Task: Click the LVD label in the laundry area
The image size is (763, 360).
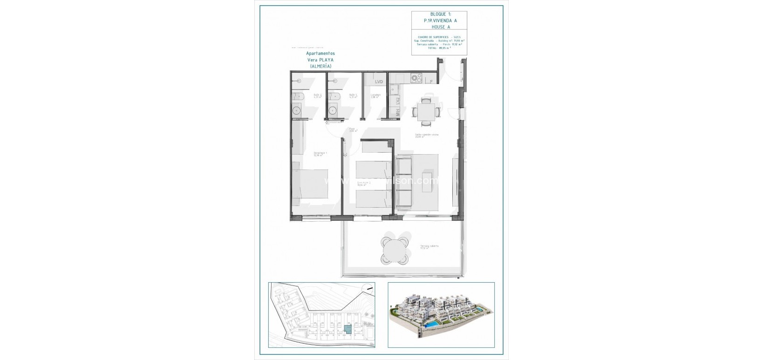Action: (x=379, y=82)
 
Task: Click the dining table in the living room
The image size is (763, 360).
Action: (x=427, y=112)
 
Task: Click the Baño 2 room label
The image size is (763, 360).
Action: (x=304, y=96)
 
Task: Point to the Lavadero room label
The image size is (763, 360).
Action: (x=376, y=96)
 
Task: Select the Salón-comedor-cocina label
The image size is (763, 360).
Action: (x=427, y=136)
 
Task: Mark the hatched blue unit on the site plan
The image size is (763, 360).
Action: (x=348, y=328)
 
